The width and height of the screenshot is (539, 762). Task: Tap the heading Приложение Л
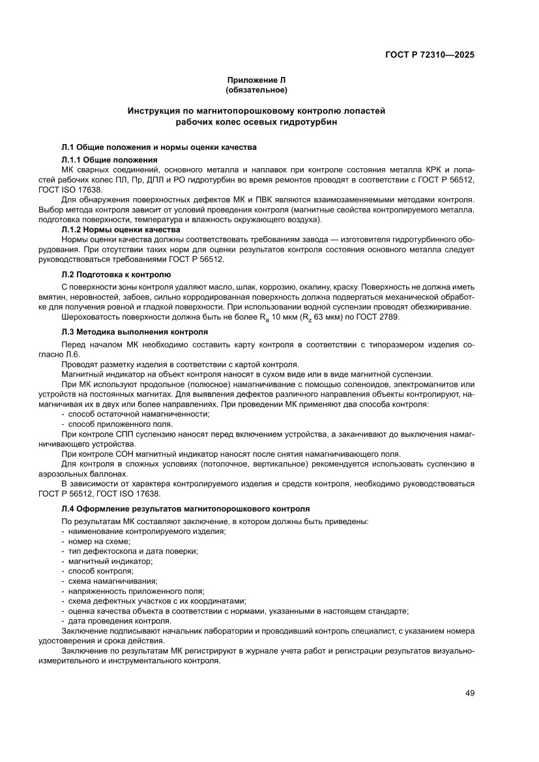pos(256,80)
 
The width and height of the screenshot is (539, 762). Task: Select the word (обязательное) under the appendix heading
pos(256,89)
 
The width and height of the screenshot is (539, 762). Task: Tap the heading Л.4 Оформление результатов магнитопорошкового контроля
pos(185,508)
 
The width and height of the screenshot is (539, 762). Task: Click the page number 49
pos(469,692)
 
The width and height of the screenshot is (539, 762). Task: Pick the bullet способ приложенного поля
pos(120,423)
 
